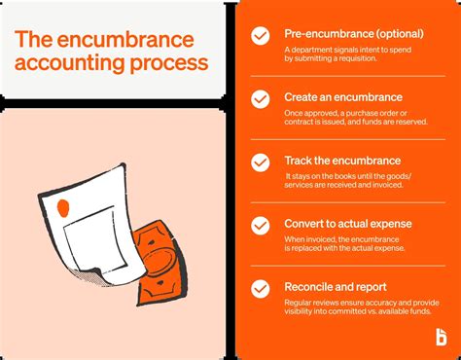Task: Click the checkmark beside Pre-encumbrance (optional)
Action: click(261, 36)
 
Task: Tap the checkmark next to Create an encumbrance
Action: click(261, 99)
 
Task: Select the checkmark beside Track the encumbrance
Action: click(261, 162)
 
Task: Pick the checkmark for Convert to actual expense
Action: click(261, 225)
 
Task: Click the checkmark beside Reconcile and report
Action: click(261, 289)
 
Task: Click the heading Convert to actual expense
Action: click(347, 224)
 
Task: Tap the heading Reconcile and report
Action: click(337, 287)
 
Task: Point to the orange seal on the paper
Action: click(65, 207)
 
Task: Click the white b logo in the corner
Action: click(442, 337)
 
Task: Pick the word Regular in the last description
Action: click(301, 303)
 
